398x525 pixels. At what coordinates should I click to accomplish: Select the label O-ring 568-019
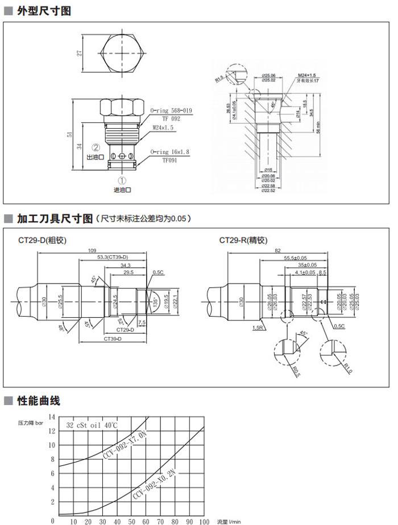[171, 111]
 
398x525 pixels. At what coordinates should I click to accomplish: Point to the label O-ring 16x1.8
[171, 152]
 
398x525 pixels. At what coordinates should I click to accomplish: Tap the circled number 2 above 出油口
[97, 146]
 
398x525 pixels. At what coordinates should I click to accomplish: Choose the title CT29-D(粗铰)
[43, 240]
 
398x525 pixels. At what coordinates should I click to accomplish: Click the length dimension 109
[92, 251]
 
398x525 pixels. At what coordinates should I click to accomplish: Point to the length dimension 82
[277, 251]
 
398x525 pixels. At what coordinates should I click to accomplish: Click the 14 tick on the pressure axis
[52, 417]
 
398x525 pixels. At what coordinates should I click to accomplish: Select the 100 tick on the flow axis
[204, 521]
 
